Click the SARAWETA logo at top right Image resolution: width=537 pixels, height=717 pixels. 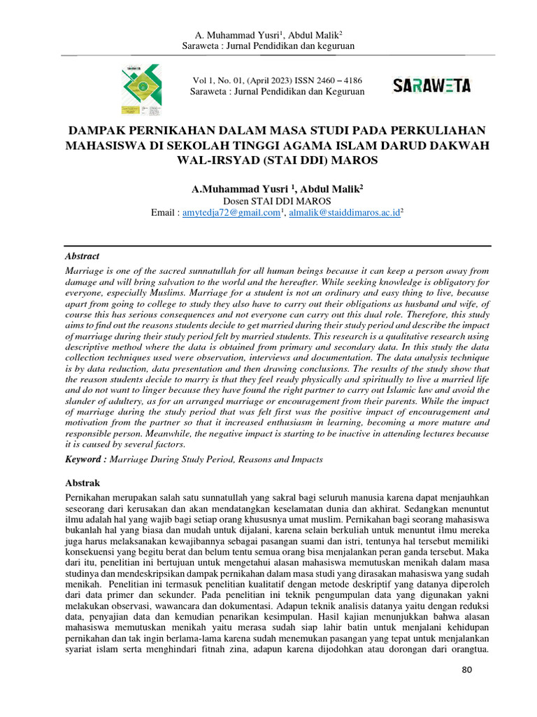[431, 86]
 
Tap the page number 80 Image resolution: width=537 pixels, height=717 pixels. [468, 671]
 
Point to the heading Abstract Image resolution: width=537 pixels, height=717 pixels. [82, 256]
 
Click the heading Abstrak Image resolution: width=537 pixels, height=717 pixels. [83, 483]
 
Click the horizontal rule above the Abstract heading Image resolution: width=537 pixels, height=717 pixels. [278, 246]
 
